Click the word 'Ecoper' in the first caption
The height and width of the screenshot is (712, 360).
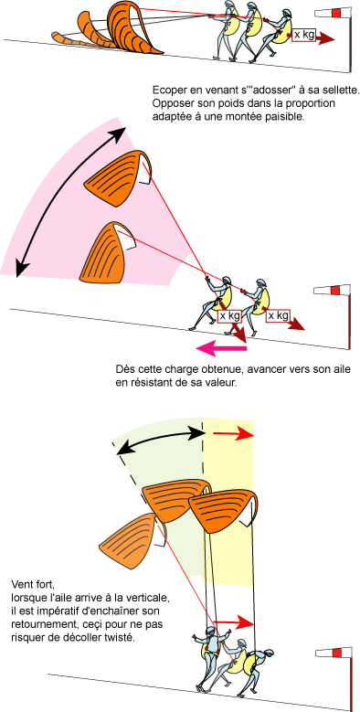point(173,90)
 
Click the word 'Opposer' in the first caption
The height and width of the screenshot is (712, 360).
point(178,103)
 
